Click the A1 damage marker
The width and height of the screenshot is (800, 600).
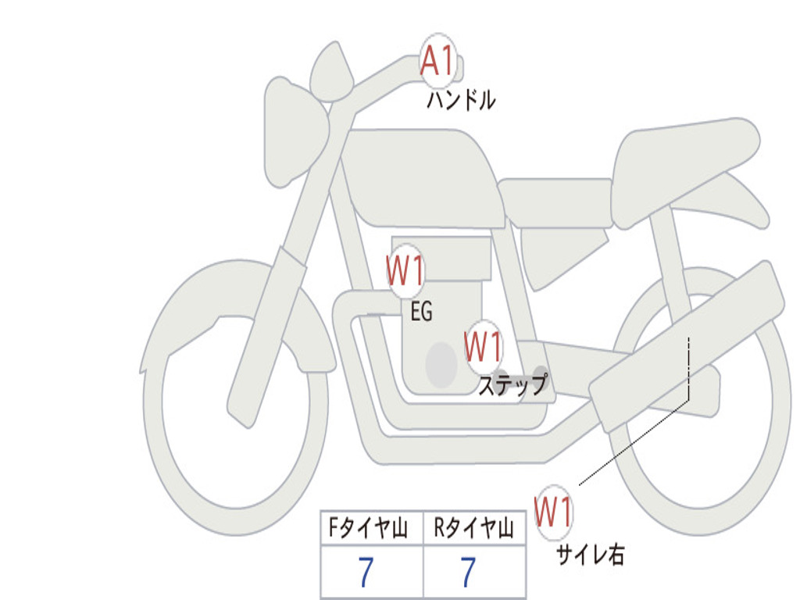(x=437, y=60)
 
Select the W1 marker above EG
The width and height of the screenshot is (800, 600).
(x=405, y=272)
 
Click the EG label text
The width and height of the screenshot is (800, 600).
(x=421, y=312)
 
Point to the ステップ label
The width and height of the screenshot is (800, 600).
(x=512, y=385)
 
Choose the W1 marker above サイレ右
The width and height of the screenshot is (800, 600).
(x=554, y=512)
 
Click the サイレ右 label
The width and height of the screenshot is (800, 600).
(x=590, y=554)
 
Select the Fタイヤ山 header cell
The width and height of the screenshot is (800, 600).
(x=372, y=530)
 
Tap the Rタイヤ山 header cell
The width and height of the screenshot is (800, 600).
(x=473, y=530)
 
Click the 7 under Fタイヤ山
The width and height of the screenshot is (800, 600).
(x=366, y=573)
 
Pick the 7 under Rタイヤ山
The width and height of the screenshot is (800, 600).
(x=468, y=573)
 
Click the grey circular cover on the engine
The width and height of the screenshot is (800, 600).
(x=441, y=363)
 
